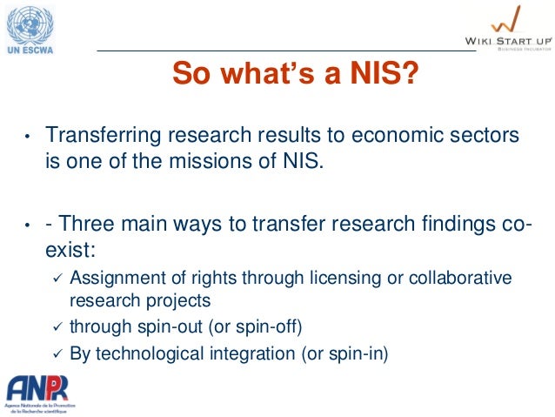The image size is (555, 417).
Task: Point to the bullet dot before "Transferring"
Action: (27, 138)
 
